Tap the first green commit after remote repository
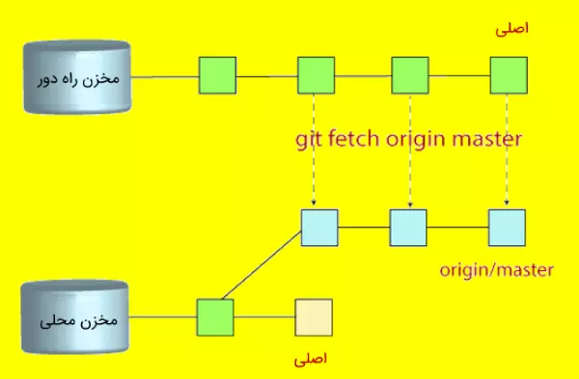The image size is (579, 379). click(217, 75)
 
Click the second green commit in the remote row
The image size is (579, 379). click(316, 75)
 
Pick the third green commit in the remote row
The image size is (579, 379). click(409, 75)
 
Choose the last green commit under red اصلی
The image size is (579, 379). click(509, 75)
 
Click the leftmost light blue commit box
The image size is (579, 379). click(319, 228)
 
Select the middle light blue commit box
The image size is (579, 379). click(408, 228)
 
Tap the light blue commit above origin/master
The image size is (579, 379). click(507, 228)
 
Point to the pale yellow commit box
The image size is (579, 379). click(314, 316)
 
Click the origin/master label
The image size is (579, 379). click(495, 271)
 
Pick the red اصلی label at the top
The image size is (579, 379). click(511, 29)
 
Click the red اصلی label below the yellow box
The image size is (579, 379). click(310, 358)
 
